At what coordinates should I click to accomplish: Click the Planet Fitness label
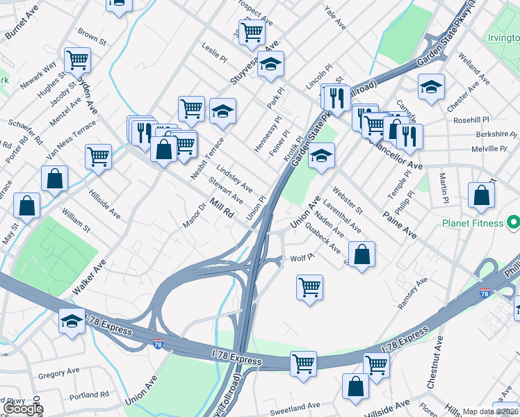point(473,223)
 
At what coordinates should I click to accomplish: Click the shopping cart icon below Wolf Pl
point(309,286)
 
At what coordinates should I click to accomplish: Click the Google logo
point(22,409)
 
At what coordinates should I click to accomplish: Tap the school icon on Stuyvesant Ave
point(270,64)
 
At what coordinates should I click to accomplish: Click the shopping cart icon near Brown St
point(77,59)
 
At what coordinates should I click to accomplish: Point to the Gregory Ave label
point(60,375)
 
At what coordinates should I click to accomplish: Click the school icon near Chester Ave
point(431,87)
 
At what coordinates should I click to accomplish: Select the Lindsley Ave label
point(234,178)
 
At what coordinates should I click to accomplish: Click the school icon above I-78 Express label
point(72,320)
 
